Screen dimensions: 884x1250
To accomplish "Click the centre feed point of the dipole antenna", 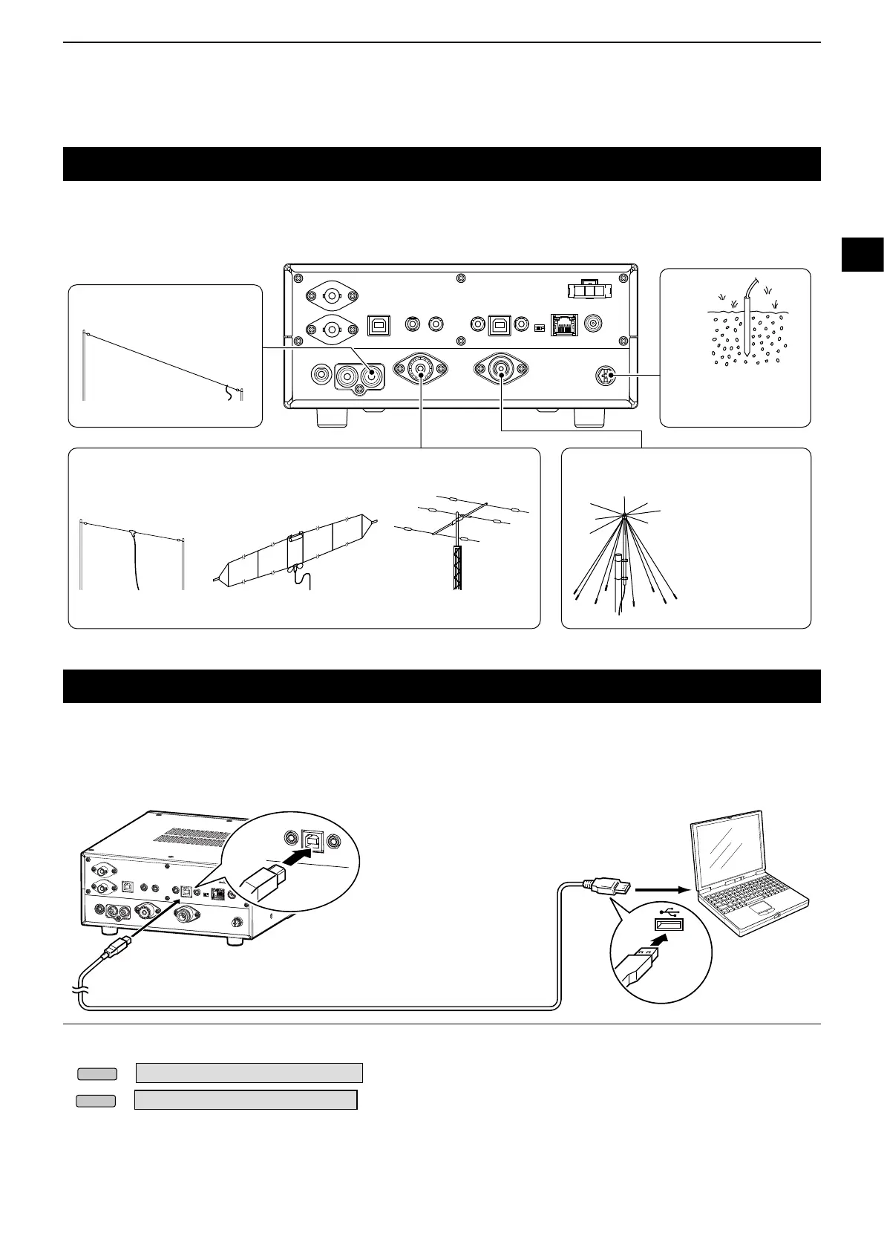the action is [132, 532].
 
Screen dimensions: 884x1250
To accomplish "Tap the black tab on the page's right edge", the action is [862, 254].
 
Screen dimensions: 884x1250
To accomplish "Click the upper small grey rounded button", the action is [97, 1073].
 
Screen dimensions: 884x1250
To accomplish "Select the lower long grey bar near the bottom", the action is [246, 1099].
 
